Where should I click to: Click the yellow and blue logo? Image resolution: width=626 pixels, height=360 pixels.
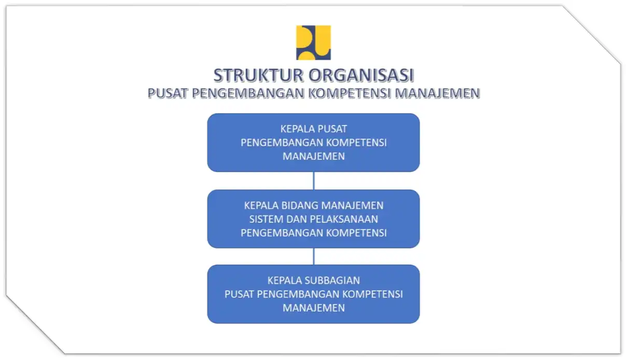click(313, 43)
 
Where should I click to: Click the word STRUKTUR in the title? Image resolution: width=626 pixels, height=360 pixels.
click(258, 75)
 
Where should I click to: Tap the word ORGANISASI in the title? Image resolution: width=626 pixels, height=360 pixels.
click(361, 75)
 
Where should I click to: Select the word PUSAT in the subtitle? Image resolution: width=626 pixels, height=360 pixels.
click(168, 93)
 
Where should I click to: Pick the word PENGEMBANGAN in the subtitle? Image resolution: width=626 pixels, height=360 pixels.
click(248, 93)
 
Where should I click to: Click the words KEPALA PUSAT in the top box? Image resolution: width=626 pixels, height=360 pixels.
click(314, 129)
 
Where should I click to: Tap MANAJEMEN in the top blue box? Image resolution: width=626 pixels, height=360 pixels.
click(314, 156)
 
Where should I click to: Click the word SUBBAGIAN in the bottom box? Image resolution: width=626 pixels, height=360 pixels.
click(332, 280)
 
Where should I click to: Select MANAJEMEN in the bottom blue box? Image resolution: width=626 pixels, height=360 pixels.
click(314, 308)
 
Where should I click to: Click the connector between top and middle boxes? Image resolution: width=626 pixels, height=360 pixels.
click(314, 181)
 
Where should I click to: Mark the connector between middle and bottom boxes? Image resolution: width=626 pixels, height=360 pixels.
click(314, 257)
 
